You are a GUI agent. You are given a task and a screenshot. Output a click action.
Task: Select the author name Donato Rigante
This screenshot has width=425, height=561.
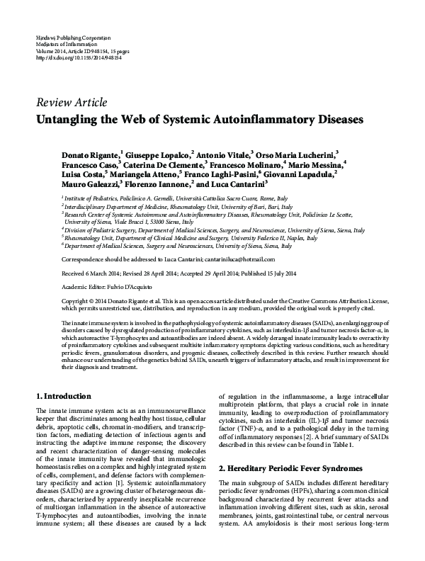[x=92, y=154]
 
